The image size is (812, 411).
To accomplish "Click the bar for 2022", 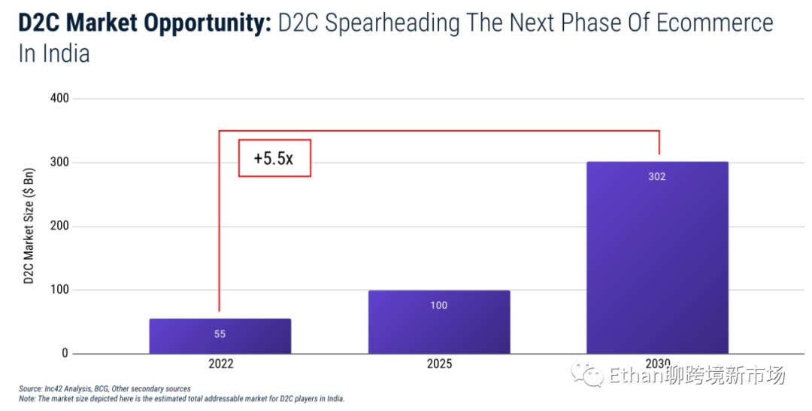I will coord(220,336).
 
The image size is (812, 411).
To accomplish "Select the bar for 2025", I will coord(439,321).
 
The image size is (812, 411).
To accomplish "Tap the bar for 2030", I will coord(658,257).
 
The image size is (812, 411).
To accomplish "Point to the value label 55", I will coord(220,334).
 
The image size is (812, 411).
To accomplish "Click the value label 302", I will coord(657,177).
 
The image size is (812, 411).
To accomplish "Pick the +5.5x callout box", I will coord(274,158).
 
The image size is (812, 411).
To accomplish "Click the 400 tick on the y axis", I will coord(59,98).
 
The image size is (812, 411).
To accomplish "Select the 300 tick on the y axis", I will coord(59,163).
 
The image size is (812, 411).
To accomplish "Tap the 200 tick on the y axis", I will coord(59,227).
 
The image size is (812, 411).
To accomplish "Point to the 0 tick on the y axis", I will coord(65,354).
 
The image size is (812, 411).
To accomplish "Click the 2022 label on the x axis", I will coord(220,364).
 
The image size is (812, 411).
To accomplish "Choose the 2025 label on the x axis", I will coord(439,364).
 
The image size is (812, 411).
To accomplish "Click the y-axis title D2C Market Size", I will coord(29,226).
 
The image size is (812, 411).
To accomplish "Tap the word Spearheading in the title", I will coord(410,23).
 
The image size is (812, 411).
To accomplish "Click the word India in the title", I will coord(65,53).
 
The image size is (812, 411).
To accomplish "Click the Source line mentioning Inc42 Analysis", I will coord(105,388).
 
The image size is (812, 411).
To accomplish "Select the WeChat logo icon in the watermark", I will coord(586,374).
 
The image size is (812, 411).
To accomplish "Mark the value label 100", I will coord(439,305).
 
